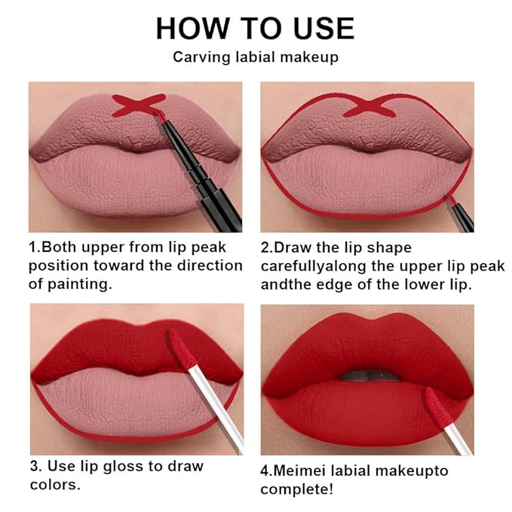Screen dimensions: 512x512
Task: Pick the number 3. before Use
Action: (35, 466)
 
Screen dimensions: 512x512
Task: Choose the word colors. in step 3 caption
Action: (55, 484)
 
